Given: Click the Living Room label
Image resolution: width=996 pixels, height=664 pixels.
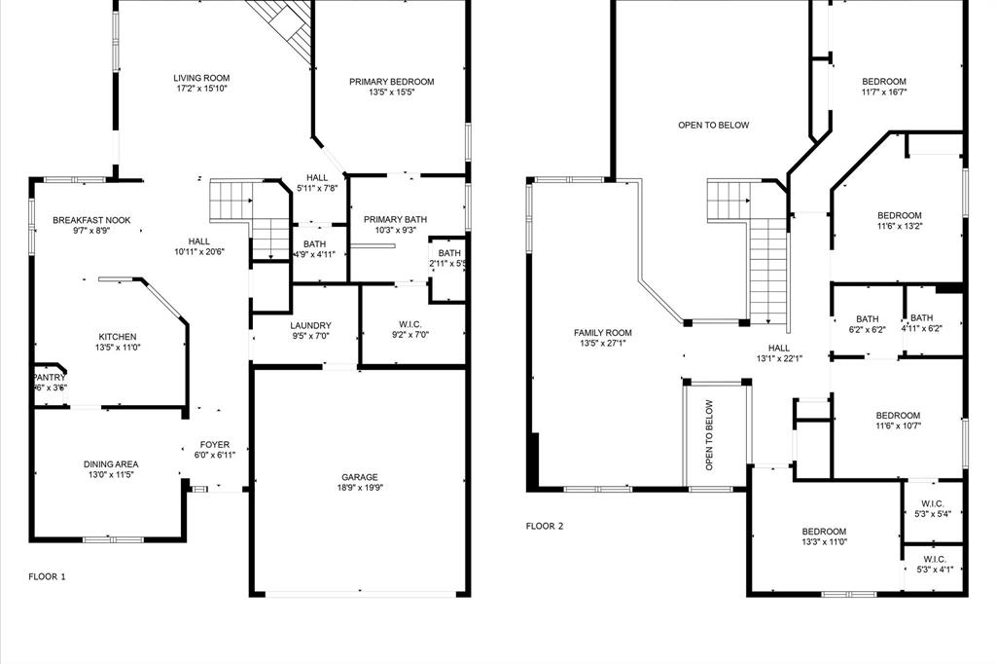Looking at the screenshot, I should coord(201,78).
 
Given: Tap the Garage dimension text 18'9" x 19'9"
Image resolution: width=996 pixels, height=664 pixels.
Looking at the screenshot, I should coord(359,489).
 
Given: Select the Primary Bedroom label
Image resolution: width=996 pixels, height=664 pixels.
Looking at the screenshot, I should coord(391,82).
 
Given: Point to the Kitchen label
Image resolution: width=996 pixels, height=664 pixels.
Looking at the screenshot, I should coord(117,337).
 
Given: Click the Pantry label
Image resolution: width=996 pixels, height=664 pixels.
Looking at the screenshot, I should coord(50,377).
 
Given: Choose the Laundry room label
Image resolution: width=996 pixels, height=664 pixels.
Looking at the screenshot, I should coord(310,326).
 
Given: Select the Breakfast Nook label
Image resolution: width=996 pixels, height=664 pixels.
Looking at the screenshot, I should coord(91,221).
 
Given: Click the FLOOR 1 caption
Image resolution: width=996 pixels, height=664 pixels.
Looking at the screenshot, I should coord(47,576).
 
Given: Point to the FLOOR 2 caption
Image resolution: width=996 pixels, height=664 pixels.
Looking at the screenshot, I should coord(545,526).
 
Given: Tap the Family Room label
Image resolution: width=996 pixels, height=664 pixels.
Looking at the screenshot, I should coord(603,333).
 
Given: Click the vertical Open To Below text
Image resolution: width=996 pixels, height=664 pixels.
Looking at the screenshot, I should coord(709,435).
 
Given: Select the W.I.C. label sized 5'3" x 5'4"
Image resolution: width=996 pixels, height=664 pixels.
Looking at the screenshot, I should coord(935,503).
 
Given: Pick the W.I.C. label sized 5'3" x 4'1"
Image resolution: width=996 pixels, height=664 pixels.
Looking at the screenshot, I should coord(935,559).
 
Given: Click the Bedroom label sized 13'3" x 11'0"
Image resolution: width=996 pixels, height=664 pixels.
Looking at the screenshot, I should coord(824,531).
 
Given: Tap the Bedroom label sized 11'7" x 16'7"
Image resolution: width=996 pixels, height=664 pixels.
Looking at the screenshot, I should coord(884,82).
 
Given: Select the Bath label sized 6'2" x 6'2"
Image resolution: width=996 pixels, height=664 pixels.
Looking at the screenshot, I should coord(867,318).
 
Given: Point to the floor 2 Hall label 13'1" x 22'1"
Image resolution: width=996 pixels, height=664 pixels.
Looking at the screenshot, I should coord(779,347).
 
